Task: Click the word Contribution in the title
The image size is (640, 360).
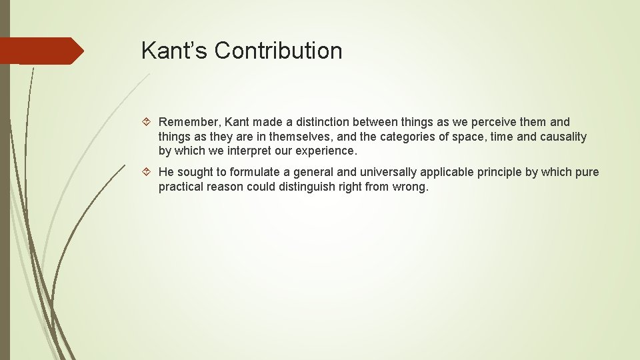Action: [x=279, y=51]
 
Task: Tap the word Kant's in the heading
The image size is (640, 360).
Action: [x=175, y=51]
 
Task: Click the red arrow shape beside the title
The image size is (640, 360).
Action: [x=41, y=51]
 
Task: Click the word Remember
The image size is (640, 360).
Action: [x=189, y=122]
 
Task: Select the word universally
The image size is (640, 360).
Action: [x=361, y=173]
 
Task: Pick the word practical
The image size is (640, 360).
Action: [x=181, y=187]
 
